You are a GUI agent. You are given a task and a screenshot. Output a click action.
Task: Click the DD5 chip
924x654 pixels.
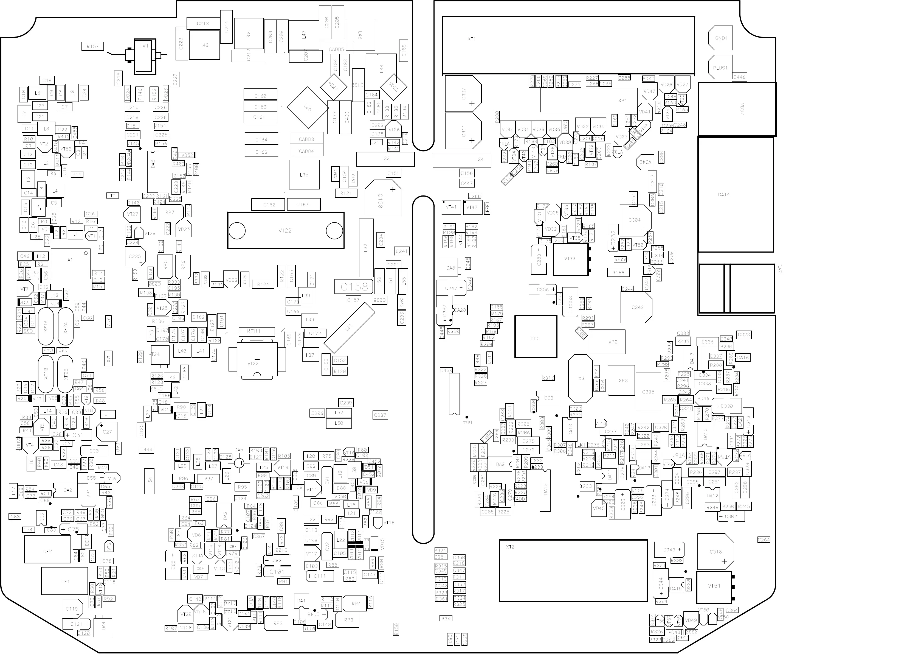pos(536,336)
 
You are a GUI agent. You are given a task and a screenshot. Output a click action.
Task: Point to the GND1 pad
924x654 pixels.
pos(720,38)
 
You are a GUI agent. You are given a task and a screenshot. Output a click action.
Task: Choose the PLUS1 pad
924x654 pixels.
pos(720,68)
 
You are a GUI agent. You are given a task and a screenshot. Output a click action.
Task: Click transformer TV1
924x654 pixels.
pos(145,56)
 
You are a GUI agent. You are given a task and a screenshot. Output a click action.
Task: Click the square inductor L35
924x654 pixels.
pos(304,175)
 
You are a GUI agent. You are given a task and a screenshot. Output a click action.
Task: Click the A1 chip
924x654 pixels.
pos(71,263)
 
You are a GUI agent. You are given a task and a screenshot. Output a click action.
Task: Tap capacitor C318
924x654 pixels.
pos(715,552)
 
